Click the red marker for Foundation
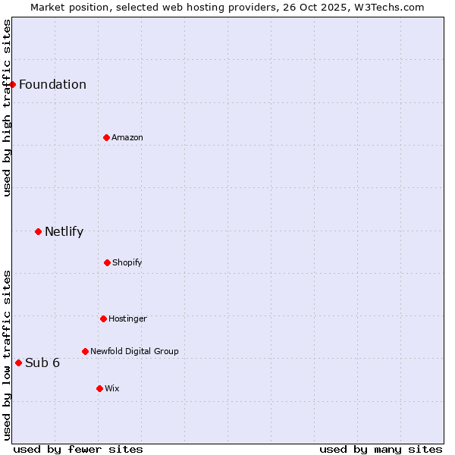point(13,84)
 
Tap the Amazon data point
point(106,137)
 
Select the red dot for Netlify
point(38,231)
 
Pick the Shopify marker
point(107,262)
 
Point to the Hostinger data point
point(103,318)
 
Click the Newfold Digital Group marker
point(85,351)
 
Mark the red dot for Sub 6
point(18,362)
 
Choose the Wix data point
point(99,388)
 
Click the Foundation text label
point(52,84)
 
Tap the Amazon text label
point(127,137)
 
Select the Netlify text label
point(64,231)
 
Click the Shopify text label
point(127,262)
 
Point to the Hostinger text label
point(127,318)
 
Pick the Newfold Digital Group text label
point(134,351)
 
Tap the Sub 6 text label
point(42,362)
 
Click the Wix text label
point(112,388)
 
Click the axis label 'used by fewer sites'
point(78,449)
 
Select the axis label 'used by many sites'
point(381,449)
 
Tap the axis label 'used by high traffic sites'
point(7,108)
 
